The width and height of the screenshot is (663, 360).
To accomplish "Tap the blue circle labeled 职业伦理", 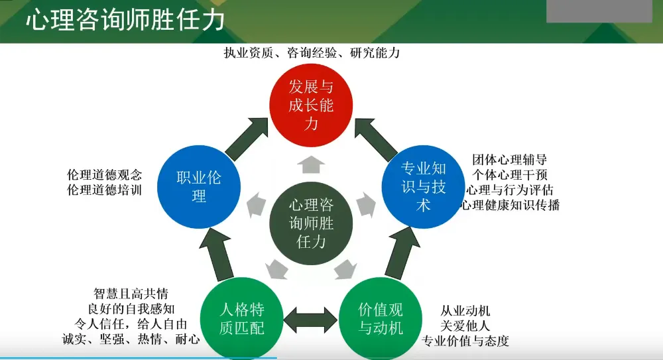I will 199,186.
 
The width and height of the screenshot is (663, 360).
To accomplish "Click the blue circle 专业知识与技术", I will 424,186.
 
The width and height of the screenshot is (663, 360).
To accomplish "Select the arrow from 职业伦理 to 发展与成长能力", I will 246,138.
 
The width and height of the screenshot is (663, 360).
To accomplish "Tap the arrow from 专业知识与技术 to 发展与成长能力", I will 376,138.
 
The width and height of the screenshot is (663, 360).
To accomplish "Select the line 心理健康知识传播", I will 511,205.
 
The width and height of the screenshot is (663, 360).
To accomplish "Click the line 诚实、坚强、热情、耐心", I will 130,339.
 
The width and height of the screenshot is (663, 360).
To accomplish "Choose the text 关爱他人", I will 465,326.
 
